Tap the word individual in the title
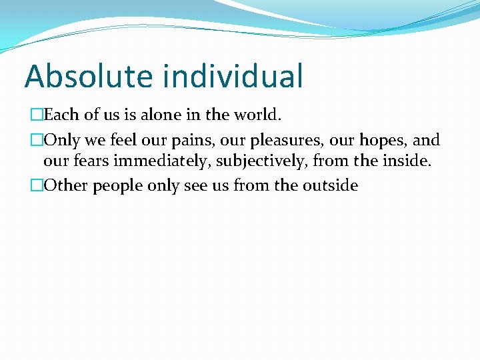(x=233, y=76)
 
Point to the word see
(x=195, y=185)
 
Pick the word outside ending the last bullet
(x=331, y=185)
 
